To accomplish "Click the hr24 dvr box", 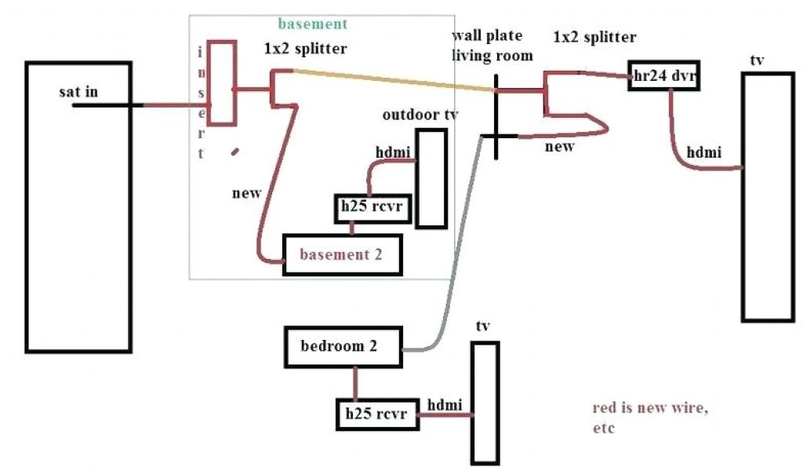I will [x=663, y=76].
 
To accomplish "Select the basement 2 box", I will [x=343, y=254].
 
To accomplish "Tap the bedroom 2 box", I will [x=343, y=346].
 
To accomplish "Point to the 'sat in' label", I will [x=79, y=93].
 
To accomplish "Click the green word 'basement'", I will [x=312, y=24].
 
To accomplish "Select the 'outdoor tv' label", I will [x=420, y=115].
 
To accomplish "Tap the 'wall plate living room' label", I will [x=492, y=46].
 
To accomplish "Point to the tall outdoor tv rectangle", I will [x=431, y=178].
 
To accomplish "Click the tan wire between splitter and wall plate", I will [x=392, y=80].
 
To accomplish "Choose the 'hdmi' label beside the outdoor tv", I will [x=391, y=152].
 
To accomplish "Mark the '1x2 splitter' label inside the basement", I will [x=305, y=49].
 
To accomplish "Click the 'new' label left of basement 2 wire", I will [x=246, y=192].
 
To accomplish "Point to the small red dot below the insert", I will [x=235, y=151].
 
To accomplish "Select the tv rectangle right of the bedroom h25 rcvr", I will [x=485, y=402].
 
